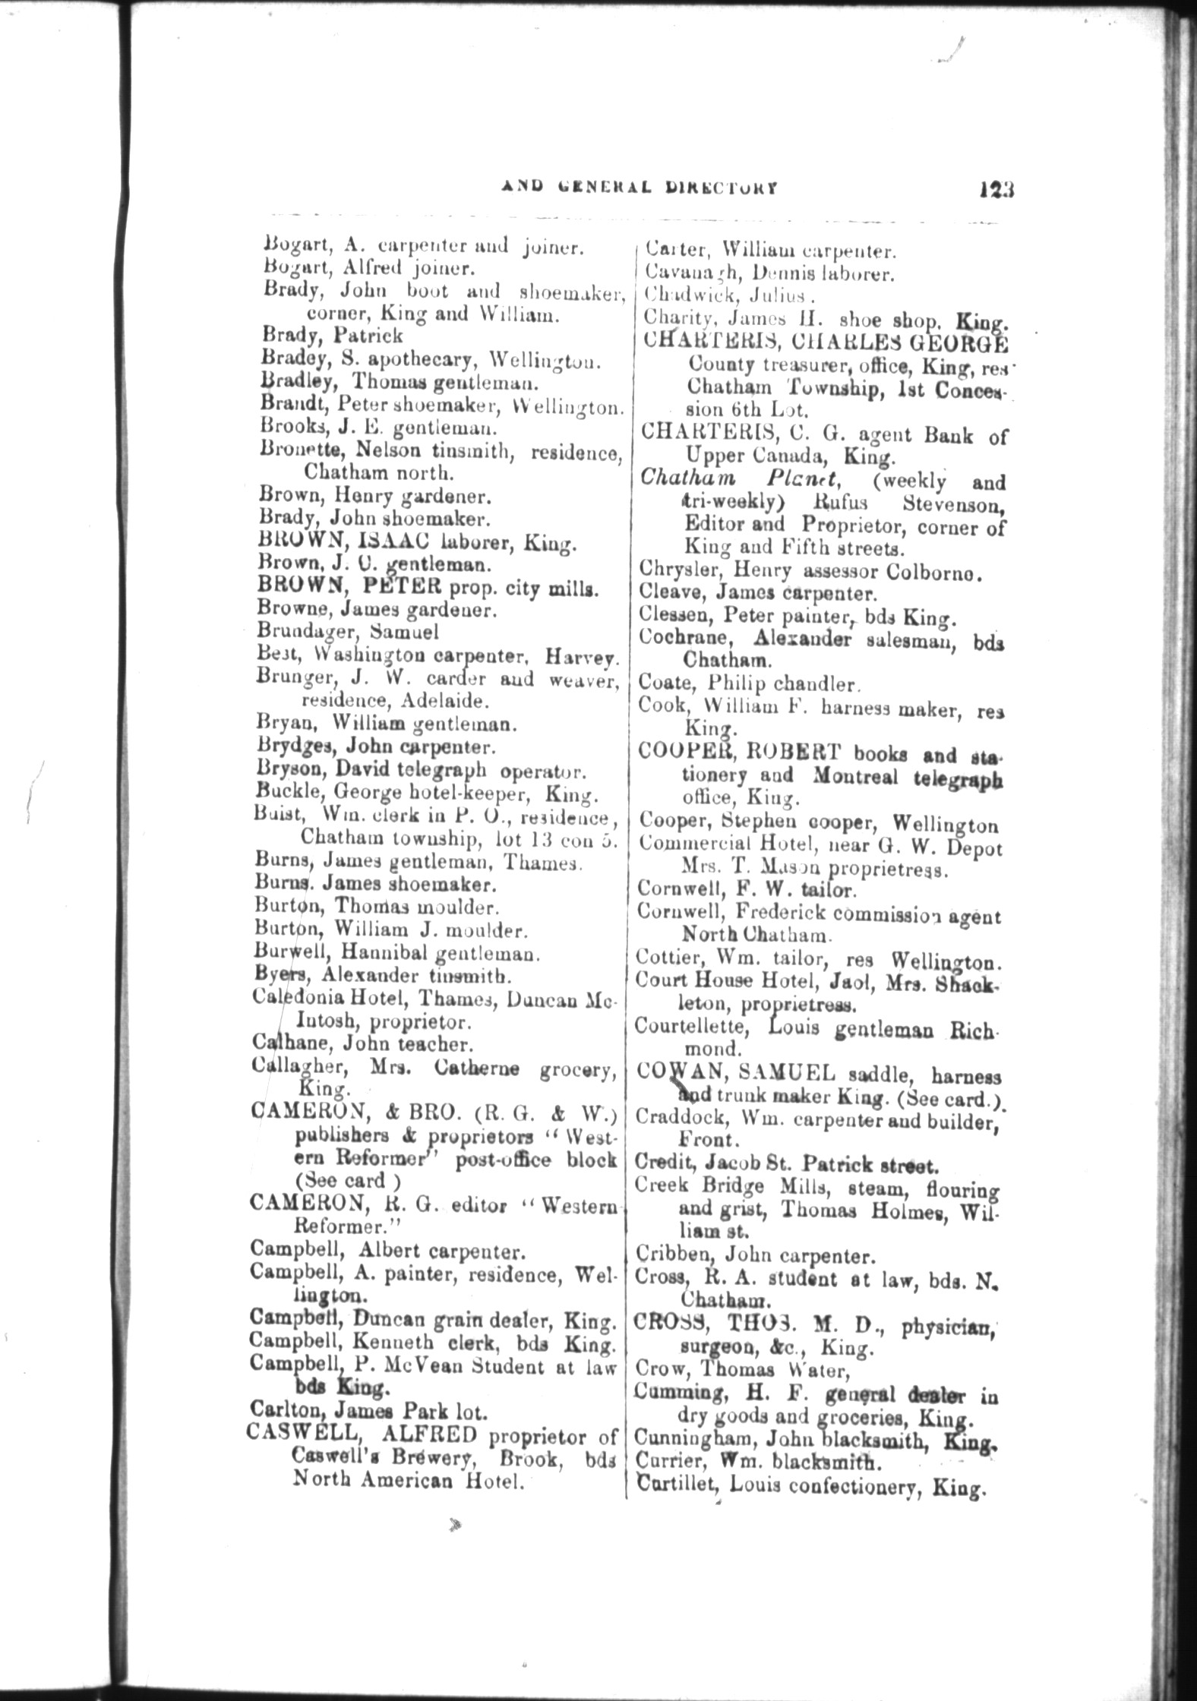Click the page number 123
pos(996,210)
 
